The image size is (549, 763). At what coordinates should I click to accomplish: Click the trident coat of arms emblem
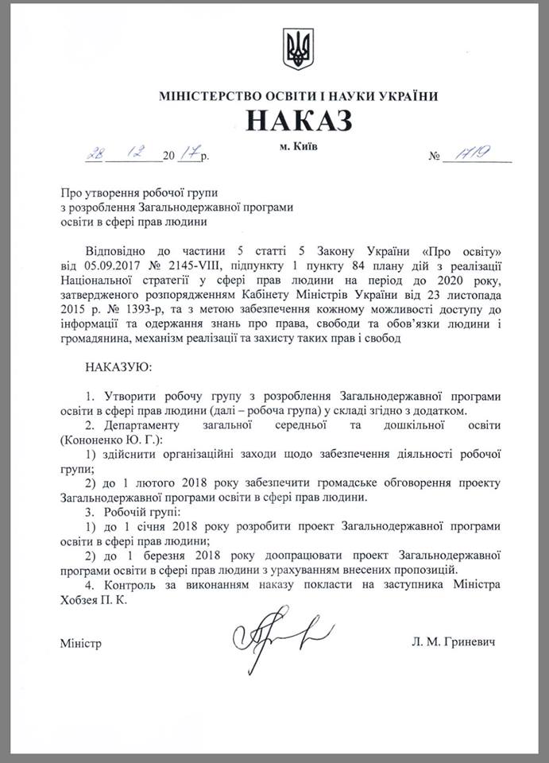tap(299, 49)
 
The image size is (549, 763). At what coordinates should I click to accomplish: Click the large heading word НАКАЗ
tap(298, 120)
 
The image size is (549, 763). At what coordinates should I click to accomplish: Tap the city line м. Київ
tap(298, 149)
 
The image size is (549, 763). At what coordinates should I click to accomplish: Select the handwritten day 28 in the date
tap(87, 155)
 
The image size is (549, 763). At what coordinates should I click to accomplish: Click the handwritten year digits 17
tap(186, 155)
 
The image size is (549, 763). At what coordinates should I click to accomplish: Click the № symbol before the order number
tap(435, 157)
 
